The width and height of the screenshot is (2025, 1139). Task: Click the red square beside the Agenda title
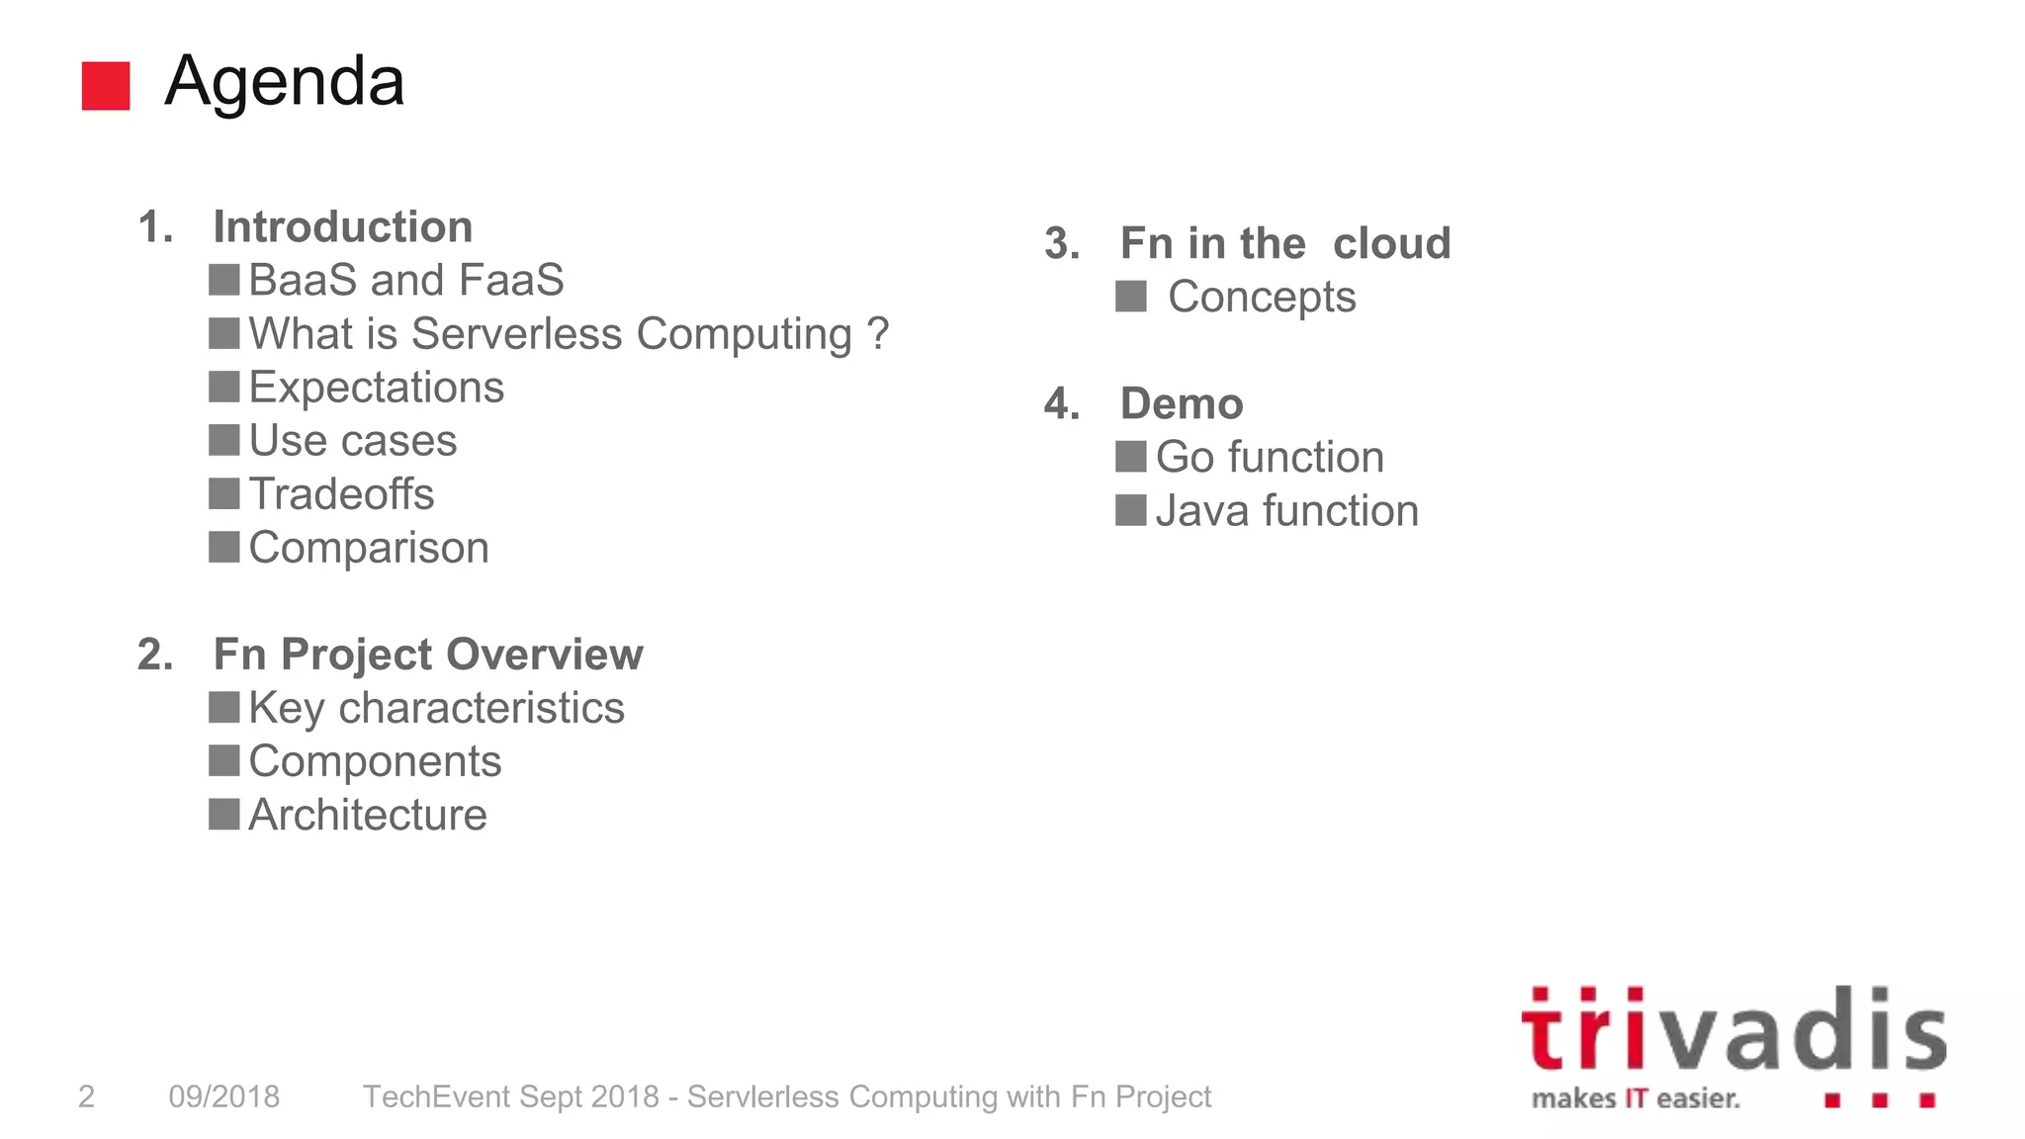tap(106, 86)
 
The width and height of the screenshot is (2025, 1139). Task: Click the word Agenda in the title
tap(285, 81)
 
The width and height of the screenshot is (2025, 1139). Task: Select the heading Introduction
tap(342, 226)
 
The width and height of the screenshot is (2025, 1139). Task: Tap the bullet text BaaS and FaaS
tap(405, 280)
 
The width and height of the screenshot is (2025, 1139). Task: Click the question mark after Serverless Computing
tap(877, 333)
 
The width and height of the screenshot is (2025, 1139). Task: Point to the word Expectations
tap(376, 387)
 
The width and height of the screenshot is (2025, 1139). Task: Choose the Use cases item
tap(352, 440)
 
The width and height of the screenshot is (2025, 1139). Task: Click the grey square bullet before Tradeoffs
tap(224, 493)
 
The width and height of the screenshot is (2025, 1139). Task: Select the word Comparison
tap(368, 548)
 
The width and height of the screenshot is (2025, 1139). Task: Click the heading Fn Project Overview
tap(427, 655)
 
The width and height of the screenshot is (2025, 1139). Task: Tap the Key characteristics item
tap(435, 708)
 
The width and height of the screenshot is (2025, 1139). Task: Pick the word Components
tap(374, 761)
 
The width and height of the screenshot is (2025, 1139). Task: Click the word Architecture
tap(367, 815)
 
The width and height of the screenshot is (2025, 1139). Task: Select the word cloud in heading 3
tap(1391, 243)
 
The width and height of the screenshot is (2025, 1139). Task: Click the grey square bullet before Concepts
tap(1130, 296)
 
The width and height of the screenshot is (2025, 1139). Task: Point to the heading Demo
tap(1181, 403)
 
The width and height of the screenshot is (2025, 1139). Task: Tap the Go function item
tap(1269, 457)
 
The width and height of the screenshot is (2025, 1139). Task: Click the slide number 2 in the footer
tap(87, 1096)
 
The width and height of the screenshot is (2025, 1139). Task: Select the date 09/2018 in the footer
tap(223, 1096)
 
